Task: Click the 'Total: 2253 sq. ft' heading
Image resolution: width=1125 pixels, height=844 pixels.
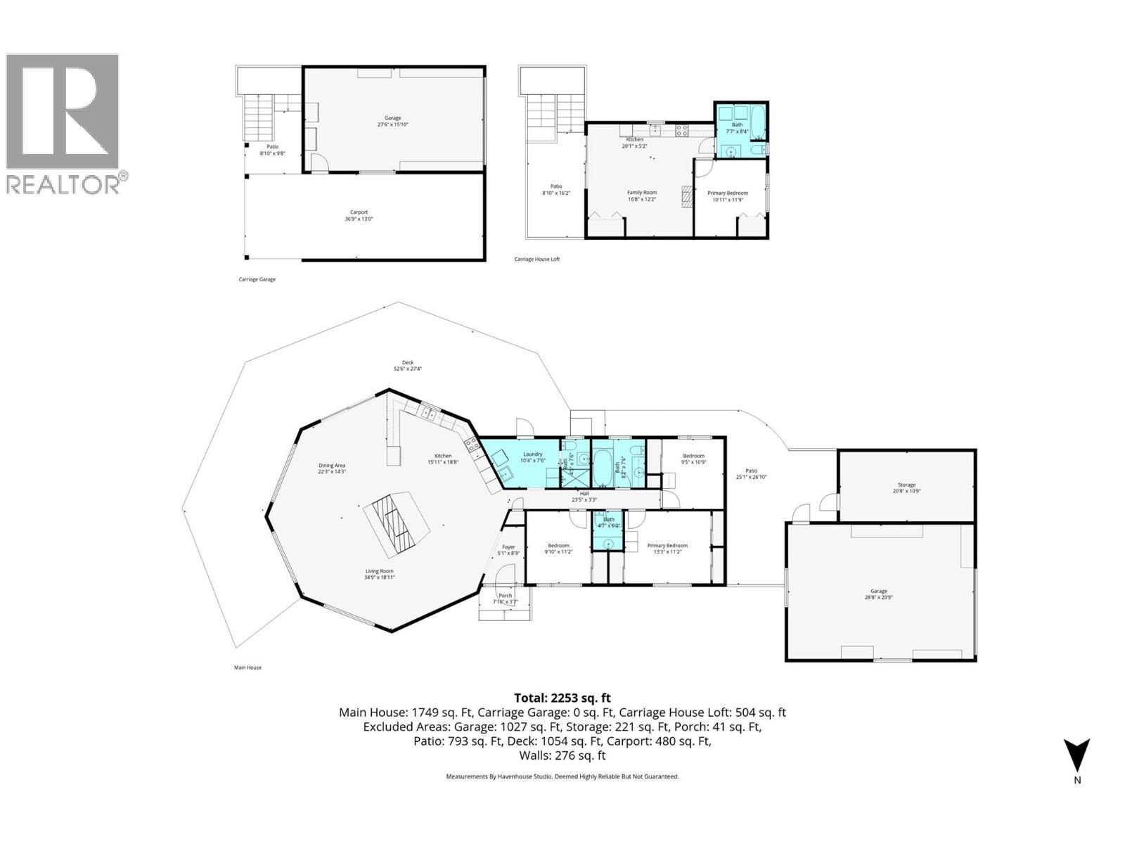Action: (562, 698)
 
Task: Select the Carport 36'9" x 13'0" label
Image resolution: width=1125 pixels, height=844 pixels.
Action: (359, 215)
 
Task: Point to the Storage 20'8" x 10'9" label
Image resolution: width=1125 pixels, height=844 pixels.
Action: (906, 487)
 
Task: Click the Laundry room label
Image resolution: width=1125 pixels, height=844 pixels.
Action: (532, 457)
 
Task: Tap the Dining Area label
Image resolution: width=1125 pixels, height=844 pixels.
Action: (332, 468)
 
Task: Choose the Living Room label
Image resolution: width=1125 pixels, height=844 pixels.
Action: (379, 574)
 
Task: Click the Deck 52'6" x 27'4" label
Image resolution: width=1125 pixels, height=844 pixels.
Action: (407, 366)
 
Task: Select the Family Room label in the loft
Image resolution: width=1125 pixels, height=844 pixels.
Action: (641, 196)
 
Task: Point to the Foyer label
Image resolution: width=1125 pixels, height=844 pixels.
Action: (508, 550)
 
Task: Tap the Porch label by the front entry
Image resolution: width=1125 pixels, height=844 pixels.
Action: (505, 599)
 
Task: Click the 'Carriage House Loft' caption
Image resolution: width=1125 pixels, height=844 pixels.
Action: (537, 260)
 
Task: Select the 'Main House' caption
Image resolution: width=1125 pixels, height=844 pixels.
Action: (247, 667)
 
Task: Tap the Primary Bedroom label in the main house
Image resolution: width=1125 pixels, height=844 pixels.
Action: (667, 549)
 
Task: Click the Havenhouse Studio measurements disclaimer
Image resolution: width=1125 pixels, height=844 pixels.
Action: (562, 776)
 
